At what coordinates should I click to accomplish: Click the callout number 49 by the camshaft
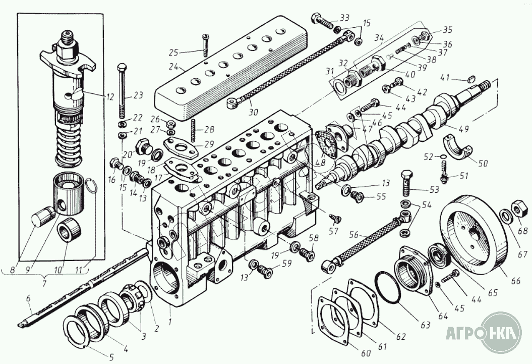[464, 129]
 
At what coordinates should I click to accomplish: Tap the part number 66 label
[515, 281]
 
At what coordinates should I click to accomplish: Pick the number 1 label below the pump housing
[170, 320]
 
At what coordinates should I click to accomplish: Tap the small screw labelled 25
[205, 45]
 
